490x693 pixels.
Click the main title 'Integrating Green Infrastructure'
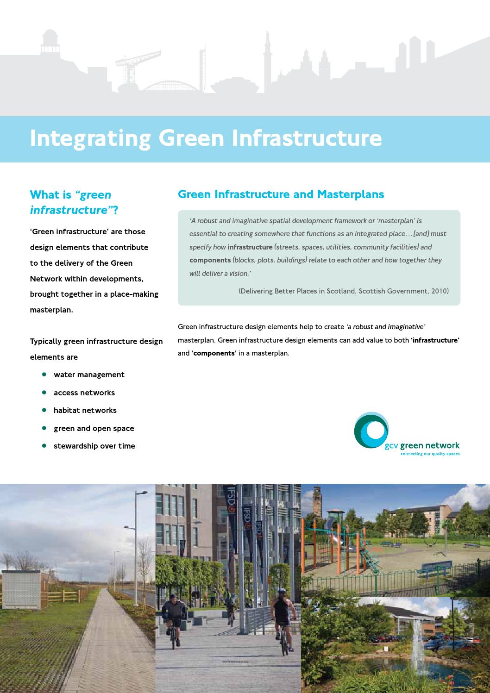pyautogui.click(x=206, y=138)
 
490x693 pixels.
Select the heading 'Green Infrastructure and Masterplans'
pyautogui.click(x=281, y=194)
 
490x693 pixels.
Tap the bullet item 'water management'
pyautogui.click(x=89, y=375)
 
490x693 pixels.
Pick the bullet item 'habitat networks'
pyautogui.click(x=85, y=410)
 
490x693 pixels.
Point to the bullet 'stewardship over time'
pyautogui.click(x=94, y=446)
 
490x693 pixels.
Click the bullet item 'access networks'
pyautogui.click(x=84, y=393)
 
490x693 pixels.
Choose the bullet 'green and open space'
pyautogui.click(x=94, y=428)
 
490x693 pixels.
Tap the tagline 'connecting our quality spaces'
pyautogui.click(x=423, y=454)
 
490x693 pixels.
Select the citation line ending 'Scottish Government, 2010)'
pyautogui.click(x=343, y=291)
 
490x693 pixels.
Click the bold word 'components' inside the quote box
pyautogui.click(x=210, y=260)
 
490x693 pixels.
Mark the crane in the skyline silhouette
pyautogui.click(x=134, y=65)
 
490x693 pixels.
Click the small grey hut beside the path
pyautogui.click(x=21, y=588)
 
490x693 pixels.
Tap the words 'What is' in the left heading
pyautogui.click(x=50, y=195)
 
